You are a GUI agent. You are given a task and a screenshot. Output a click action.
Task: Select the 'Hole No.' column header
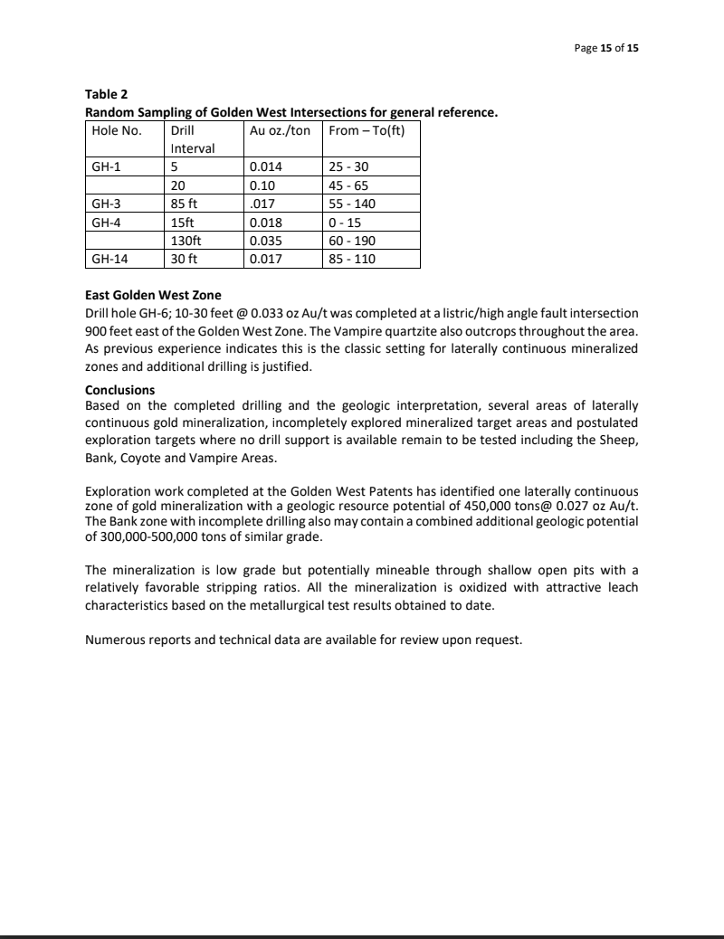pyautogui.click(x=118, y=131)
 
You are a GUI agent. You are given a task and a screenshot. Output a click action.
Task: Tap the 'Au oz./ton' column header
pyautogui.click(x=279, y=131)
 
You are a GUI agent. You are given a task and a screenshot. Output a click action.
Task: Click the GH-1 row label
pyautogui.click(x=107, y=167)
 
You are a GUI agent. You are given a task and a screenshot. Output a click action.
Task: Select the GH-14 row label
pyautogui.click(x=110, y=260)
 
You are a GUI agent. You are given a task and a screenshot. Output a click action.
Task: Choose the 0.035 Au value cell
pyautogui.click(x=265, y=242)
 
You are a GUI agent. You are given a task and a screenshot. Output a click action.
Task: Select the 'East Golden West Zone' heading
pyautogui.click(x=153, y=296)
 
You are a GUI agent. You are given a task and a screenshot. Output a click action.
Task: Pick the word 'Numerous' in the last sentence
pyautogui.click(x=114, y=640)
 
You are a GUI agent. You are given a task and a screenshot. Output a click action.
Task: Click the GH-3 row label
pyautogui.click(x=107, y=204)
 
